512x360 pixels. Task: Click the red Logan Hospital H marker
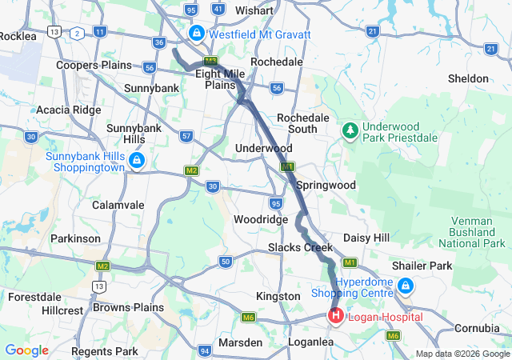click(x=334, y=317)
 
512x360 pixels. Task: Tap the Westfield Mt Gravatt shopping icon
click(x=196, y=34)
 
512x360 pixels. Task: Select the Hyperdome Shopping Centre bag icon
click(x=406, y=285)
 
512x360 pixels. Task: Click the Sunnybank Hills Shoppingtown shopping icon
click(x=137, y=162)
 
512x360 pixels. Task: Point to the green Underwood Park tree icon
click(x=349, y=129)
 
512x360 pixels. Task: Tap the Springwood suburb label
click(x=326, y=185)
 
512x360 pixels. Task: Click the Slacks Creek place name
click(x=300, y=247)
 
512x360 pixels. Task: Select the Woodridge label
click(x=260, y=219)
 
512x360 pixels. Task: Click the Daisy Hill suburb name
click(x=366, y=238)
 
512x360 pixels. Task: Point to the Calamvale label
click(x=118, y=205)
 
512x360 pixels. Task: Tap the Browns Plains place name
click(x=128, y=307)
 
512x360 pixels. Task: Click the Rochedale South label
click(x=302, y=123)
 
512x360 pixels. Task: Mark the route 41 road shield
click(x=218, y=9)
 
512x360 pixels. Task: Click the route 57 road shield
click(x=186, y=136)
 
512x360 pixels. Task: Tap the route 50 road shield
click(x=225, y=261)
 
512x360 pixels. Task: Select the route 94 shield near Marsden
click(x=206, y=350)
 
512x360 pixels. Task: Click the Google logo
click(x=26, y=350)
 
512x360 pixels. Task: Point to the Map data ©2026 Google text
click(x=462, y=354)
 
